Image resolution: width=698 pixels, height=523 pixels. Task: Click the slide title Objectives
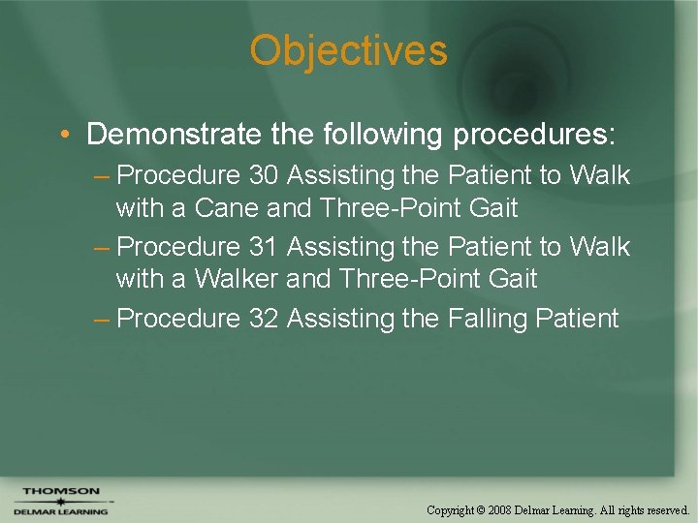[348, 51]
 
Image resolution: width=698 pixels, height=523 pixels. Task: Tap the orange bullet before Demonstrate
[63, 134]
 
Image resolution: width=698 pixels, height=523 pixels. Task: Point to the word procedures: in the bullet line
[533, 134]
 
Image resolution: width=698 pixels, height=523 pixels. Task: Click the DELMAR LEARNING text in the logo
[61, 511]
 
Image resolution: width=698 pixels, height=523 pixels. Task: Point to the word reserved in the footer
[663, 509]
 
